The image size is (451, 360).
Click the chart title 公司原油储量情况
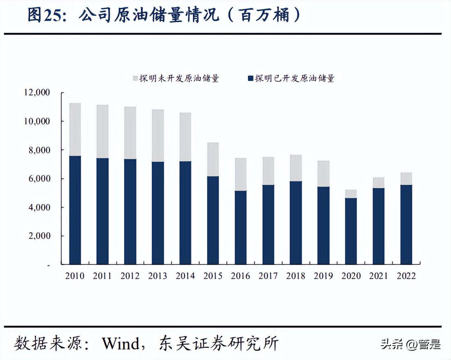149,15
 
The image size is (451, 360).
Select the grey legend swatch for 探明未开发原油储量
135,78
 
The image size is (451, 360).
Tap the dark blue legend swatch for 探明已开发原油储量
251,78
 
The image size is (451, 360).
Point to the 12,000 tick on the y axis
37,92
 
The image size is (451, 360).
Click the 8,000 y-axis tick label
39,150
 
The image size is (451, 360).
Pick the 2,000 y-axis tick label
39,236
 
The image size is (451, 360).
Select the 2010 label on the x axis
75,276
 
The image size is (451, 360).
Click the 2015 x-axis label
213,276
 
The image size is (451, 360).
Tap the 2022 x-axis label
406,276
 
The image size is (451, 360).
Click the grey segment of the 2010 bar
75,129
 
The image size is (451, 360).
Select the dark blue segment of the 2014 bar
185,213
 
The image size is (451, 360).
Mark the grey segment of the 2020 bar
351,194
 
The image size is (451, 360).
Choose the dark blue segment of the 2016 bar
241,227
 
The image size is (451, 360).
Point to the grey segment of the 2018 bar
296,168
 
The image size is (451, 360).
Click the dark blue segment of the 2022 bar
406,224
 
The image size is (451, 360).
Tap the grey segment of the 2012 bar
130,133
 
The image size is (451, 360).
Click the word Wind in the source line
120,344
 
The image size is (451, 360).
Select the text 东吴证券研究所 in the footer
219,344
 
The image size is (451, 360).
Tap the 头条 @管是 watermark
411,345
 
